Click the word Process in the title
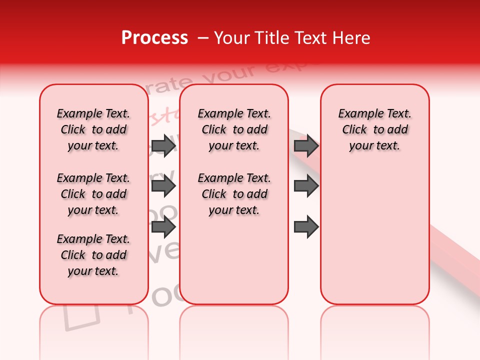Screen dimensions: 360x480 point(154,38)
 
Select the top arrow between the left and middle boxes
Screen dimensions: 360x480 point(163,145)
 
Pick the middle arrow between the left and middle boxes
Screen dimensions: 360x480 point(163,186)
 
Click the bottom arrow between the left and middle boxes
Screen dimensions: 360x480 point(163,227)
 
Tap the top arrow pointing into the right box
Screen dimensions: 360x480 point(306,145)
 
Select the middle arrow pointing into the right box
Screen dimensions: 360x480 point(306,186)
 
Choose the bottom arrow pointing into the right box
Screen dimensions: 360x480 point(306,227)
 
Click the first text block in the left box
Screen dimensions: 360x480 point(93,129)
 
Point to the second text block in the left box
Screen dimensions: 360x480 point(93,194)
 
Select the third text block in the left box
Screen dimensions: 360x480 point(93,255)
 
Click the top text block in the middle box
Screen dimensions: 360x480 point(234,129)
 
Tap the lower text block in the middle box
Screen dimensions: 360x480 point(234,194)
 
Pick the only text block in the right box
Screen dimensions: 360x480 point(374,129)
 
